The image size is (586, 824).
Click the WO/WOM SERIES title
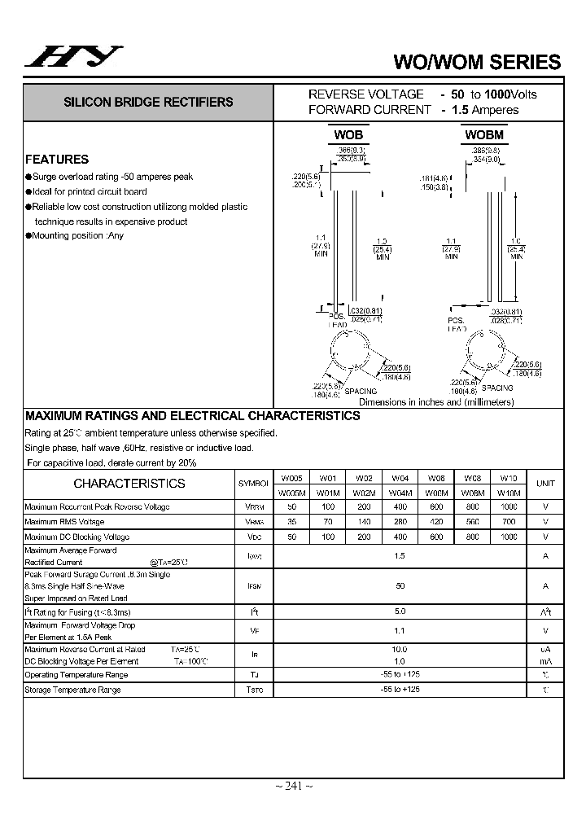(x=477, y=62)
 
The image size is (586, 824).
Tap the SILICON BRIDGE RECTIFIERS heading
(x=148, y=103)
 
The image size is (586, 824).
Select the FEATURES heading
(x=57, y=160)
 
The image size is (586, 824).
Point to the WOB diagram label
(x=348, y=134)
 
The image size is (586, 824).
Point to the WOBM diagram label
(x=484, y=134)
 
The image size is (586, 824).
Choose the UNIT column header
(x=545, y=483)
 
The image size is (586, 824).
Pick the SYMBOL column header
(x=253, y=484)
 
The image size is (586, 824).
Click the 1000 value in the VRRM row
(x=509, y=506)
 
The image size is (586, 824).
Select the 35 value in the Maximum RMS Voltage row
(x=291, y=522)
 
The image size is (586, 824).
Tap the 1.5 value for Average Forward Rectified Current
(x=399, y=555)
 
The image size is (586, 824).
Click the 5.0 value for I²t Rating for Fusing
(x=399, y=611)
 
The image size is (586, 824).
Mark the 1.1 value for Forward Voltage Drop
(x=399, y=631)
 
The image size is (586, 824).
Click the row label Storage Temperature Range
(x=72, y=690)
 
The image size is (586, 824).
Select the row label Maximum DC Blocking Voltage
(x=77, y=537)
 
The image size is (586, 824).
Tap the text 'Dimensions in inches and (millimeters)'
(x=436, y=402)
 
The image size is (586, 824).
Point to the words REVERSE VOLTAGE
(x=365, y=94)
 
